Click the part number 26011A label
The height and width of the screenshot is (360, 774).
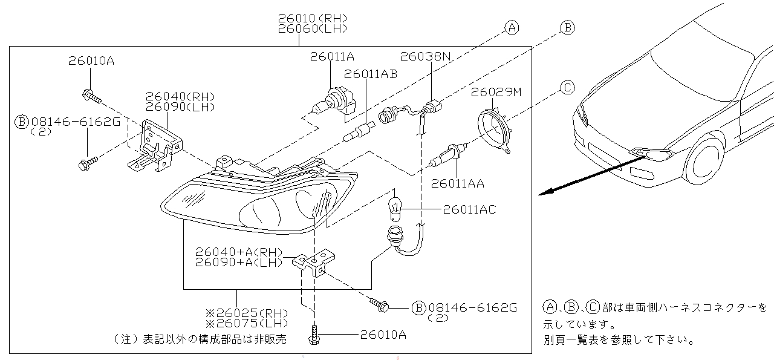click(x=332, y=56)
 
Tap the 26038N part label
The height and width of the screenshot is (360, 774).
click(x=426, y=56)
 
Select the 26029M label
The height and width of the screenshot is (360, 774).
click(x=496, y=92)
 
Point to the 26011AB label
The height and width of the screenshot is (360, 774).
click(x=371, y=74)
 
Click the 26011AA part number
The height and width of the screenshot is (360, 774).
click(x=458, y=184)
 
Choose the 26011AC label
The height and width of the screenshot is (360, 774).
click(x=470, y=209)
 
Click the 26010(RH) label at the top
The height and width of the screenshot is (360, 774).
click(x=313, y=18)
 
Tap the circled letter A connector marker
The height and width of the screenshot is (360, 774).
click(x=512, y=27)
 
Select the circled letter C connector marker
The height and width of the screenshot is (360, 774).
click(x=567, y=88)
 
